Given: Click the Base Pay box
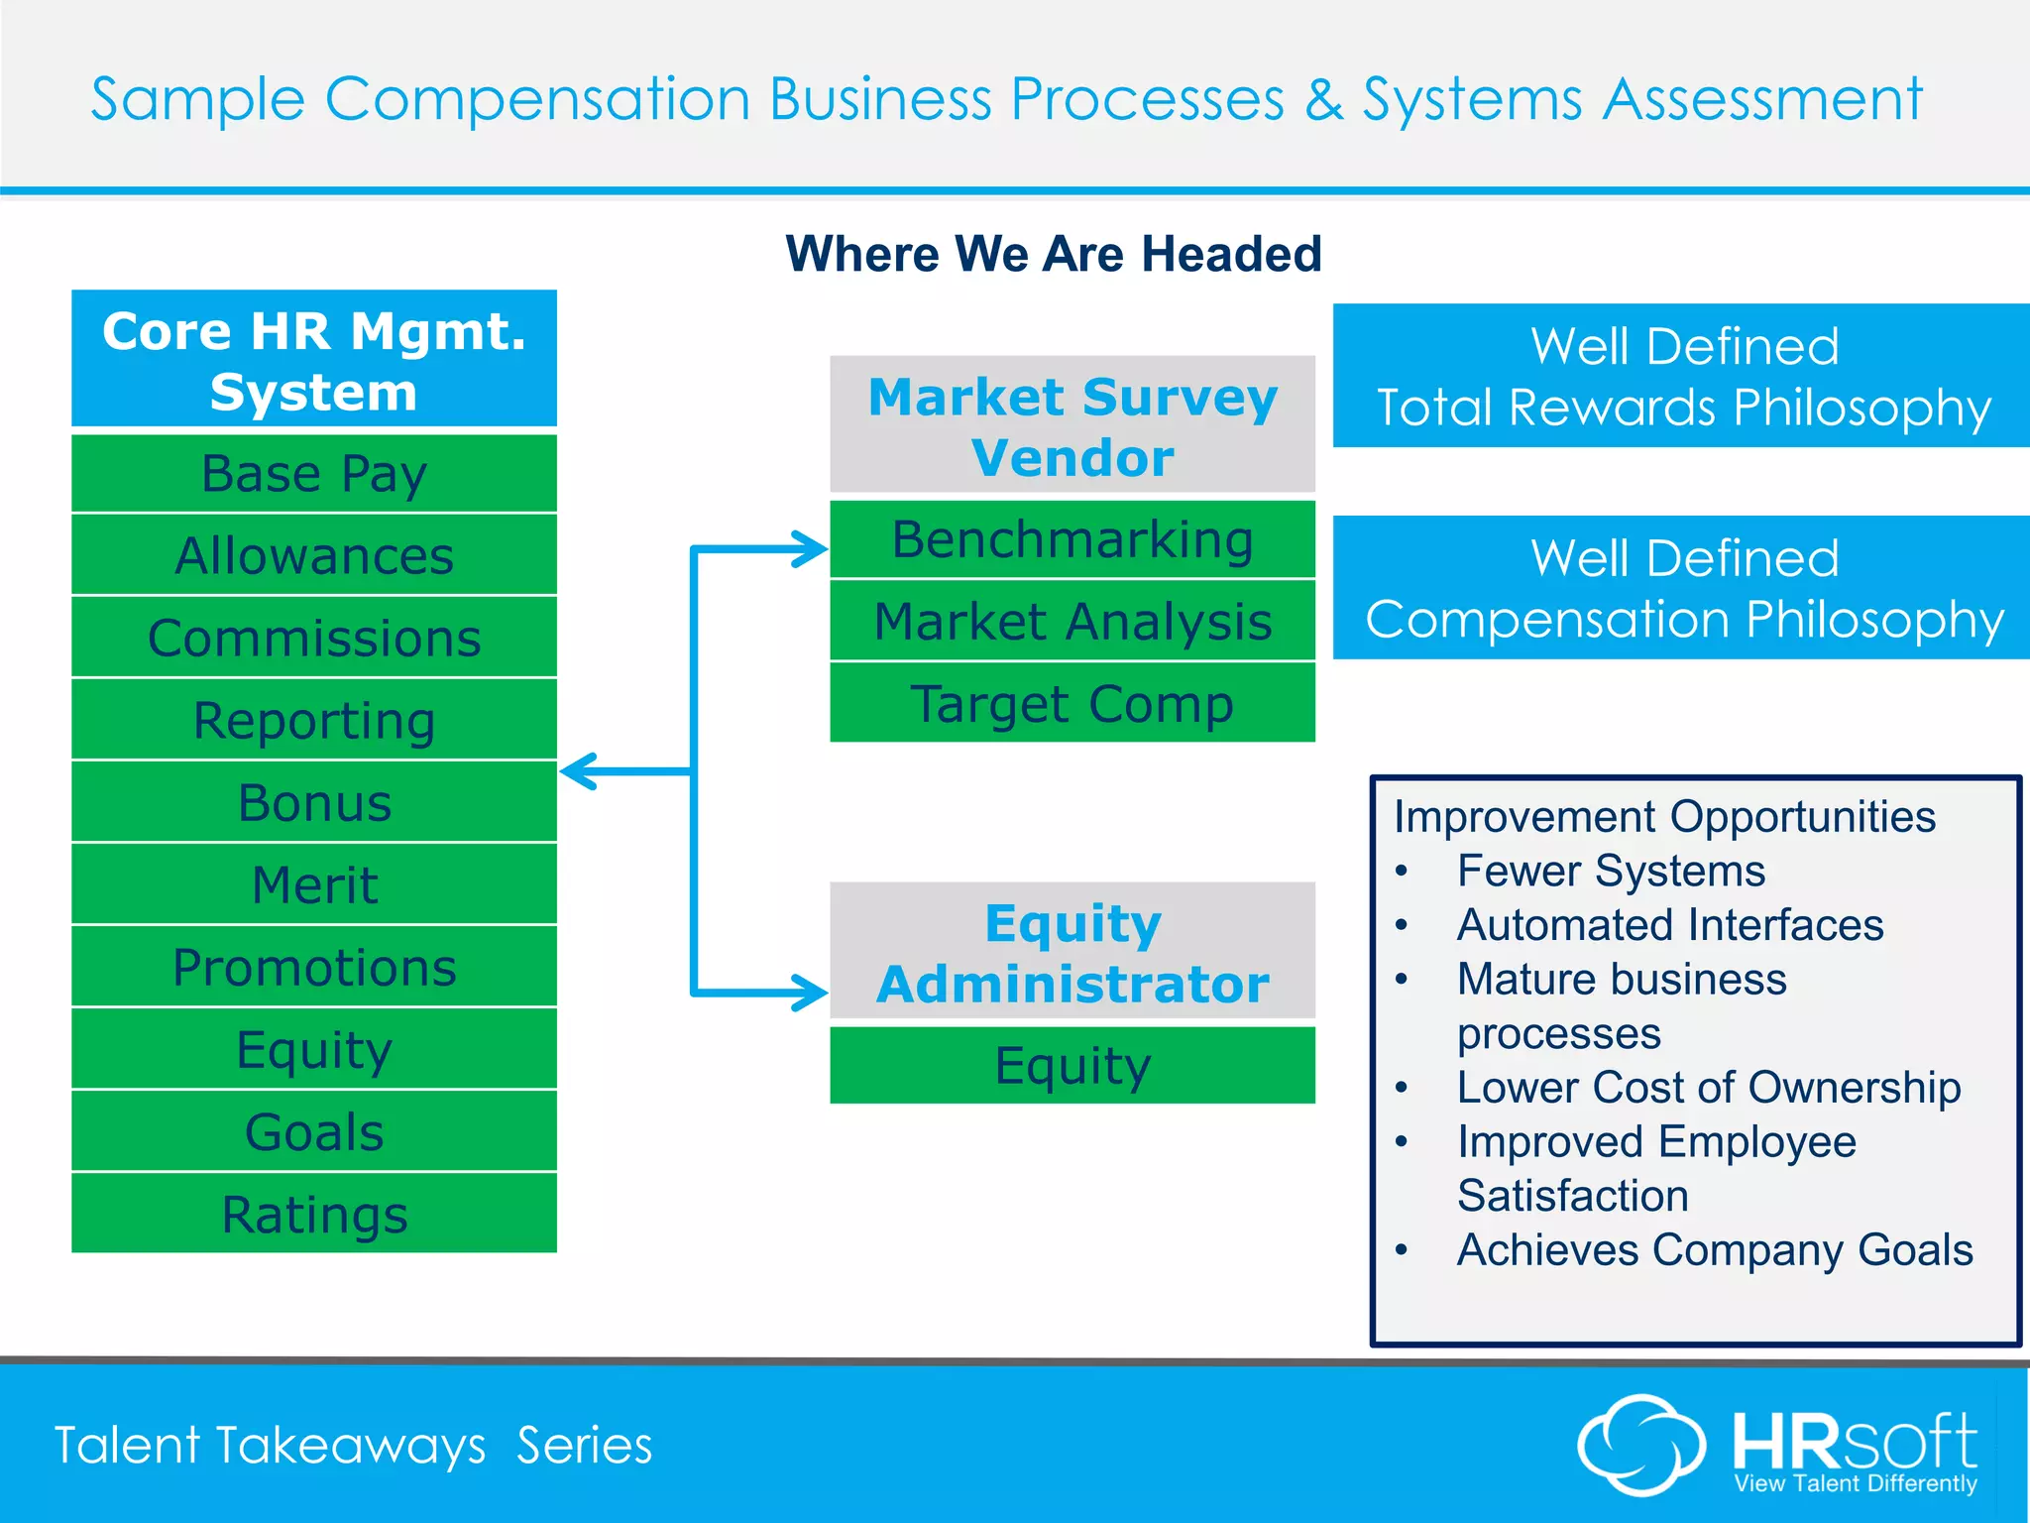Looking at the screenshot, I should (x=314, y=474).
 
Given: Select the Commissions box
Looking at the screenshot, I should (x=314, y=638).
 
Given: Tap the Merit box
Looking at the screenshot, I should (x=314, y=884).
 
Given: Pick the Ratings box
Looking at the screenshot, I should (x=314, y=1214).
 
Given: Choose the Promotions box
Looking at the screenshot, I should (x=314, y=967).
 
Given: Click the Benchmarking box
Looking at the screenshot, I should (x=1072, y=539).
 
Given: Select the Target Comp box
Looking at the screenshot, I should (x=1072, y=703).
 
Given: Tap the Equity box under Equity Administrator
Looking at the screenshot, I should (x=1072, y=1065).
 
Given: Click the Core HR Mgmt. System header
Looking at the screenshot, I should (x=314, y=360).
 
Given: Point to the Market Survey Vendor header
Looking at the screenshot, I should (x=1072, y=425).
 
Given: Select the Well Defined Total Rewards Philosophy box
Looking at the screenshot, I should (x=1682, y=376).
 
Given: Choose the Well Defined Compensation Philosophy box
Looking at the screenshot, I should (x=1682, y=588).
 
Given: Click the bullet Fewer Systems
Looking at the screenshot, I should (x=1611, y=872).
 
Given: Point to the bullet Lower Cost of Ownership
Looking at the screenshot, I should (x=1708, y=1088).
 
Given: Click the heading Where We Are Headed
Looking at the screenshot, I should (x=1054, y=254).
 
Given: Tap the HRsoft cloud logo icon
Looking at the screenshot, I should (x=1640, y=1445).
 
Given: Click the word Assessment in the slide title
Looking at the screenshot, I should (x=1762, y=99).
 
